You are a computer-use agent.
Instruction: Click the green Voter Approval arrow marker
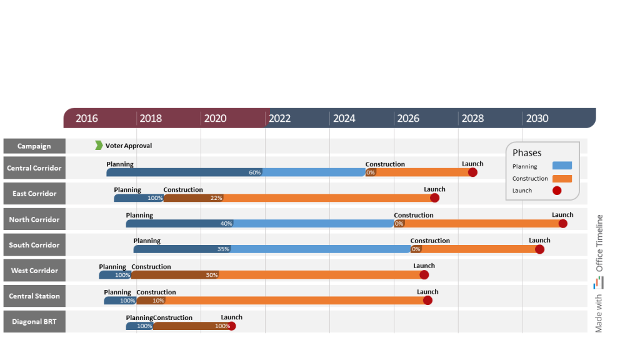[99, 146]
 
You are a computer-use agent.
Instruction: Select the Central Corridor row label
[34, 168]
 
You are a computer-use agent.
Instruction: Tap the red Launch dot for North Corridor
[562, 223]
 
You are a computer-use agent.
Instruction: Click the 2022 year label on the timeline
[279, 119]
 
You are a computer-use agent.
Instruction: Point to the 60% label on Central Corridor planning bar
[255, 172]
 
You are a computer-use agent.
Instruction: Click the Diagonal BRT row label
[34, 322]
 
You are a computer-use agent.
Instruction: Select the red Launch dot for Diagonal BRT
[232, 326]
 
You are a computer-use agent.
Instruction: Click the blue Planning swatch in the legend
[562, 166]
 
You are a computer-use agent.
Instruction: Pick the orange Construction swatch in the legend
[562, 179]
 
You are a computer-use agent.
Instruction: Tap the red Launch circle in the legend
[557, 191]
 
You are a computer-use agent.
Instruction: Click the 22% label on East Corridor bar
[216, 198]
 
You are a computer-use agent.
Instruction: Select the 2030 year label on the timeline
[537, 119]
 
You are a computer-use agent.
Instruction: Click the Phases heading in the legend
[527, 153]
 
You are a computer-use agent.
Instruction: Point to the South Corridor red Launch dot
[539, 249]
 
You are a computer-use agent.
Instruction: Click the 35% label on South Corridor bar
[223, 249]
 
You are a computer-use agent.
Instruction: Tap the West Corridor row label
[34, 271]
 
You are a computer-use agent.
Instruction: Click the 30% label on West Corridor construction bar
[212, 275]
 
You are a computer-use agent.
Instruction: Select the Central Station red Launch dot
[427, 300]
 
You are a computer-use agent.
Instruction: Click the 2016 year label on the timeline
[87, 119]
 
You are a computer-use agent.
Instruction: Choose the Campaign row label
[34, 146]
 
